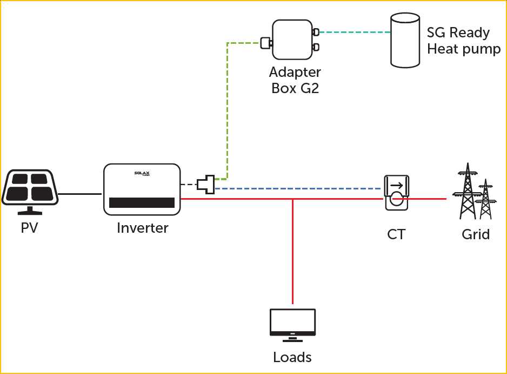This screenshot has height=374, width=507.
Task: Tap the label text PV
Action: [x=29, y=228]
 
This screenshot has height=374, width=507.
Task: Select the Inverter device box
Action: [x=142, y=189]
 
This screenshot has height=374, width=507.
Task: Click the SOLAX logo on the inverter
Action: [x=142, y=173]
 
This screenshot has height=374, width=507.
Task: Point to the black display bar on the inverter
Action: [x=142, y=203]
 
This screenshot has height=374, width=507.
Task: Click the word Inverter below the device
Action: [x=142, y=228]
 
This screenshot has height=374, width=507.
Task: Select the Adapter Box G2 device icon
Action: [x=292, y=40]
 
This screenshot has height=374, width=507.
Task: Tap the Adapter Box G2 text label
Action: [x=295, y=80]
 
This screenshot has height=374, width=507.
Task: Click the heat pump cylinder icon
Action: [x=405, y=41]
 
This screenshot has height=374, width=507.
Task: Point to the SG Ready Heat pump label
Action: [x=464, y=41]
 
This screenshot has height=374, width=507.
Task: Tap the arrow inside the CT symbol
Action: [x=396, y=186]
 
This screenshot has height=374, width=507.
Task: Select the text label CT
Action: [x=396, y=234]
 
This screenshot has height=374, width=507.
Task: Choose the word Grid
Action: [x=476, y=234]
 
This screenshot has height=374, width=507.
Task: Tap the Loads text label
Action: [x=292, y=357]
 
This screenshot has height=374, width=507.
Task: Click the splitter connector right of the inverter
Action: [x=206, y=184]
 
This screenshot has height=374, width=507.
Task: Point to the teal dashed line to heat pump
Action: [x=354, y=32]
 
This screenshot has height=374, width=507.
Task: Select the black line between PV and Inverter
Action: [x=80, y=193]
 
